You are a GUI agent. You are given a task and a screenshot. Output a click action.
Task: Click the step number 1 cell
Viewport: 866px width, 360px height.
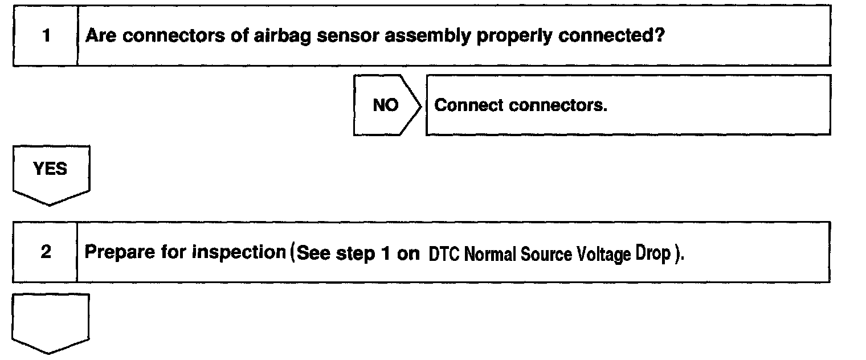pos(45,36)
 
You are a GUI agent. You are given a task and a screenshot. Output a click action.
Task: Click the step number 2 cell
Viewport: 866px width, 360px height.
pos(45,252)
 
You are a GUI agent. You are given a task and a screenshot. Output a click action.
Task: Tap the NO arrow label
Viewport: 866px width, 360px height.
pos(386,105)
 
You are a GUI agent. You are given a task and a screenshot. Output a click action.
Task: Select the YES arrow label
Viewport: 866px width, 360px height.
pos(51,169)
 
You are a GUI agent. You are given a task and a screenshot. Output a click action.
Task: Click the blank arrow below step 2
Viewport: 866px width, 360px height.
pos(51,322)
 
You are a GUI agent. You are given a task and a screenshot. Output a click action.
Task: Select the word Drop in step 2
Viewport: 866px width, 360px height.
pos(658,254)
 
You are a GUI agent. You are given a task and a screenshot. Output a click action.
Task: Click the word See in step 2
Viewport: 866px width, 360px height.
pos(313,252)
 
